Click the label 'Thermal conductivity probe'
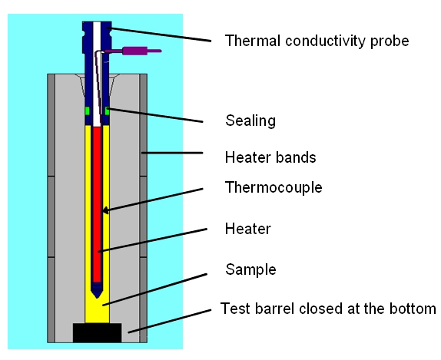(x=317, y=41)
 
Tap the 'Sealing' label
(x=250, y=121)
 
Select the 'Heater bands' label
(x=270, y=157)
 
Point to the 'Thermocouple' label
(x=274, y=187)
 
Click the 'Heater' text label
(x=248, y=229)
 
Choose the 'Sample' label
(x=250, y=269)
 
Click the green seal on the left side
(x=88, y=111)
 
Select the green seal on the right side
(x=107, y=111)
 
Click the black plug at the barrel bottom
(x=98, y=332)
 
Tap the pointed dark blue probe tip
(x=97, y=291)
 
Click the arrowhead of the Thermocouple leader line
(x=105, y=210)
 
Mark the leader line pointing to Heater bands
(x=172, y=153)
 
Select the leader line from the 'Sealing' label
(x=154, y=115)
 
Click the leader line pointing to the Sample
(x=154, y=289)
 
